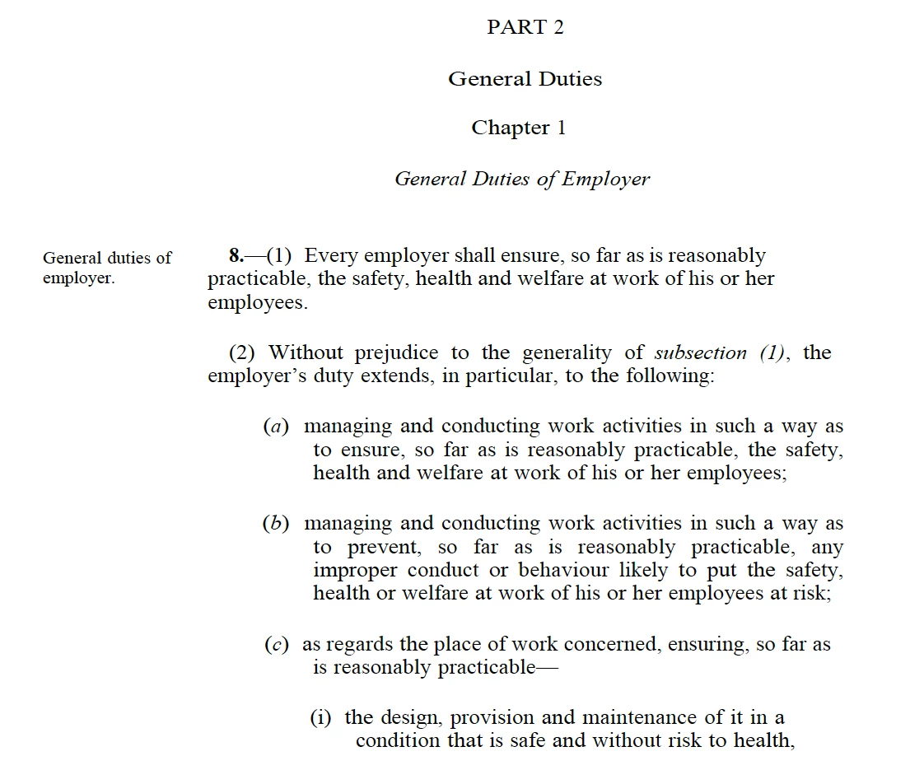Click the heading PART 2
pos(525,27)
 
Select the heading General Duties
pos(525,79)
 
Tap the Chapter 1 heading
pos(518,128)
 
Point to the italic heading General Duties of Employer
pos(522,179)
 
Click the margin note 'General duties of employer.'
pos(106,268)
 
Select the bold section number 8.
pos(236,256)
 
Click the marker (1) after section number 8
pos(279,256)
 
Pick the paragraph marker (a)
pos(277,427)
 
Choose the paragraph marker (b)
pos(277,524)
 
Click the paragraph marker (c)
pos(277,645)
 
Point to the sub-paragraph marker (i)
pos(321,717)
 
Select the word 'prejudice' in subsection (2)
pos(397,353)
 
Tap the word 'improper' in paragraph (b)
pos(355,571)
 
